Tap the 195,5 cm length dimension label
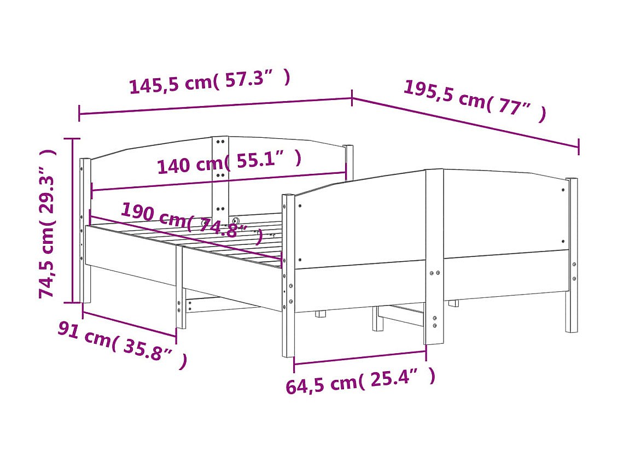click(x=475, y=101)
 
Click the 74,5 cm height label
click(x=47, y=224)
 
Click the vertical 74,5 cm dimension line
click(x=72, y=221)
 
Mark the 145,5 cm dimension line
click(x=215, y=107)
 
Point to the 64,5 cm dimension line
click(x=360, y=357)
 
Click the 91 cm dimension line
click(x=129, y=325)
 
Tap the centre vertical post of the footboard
click(x=434, y=256)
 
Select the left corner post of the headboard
click(x=85, y=231)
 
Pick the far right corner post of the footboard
click(x=572, y=255)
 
